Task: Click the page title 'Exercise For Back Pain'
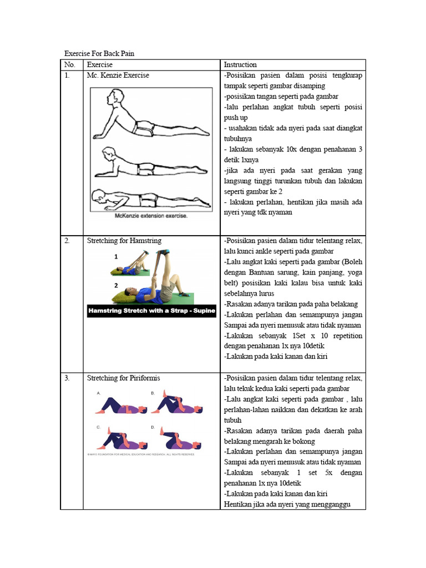coord(99,54)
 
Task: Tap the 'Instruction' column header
coord(240,65)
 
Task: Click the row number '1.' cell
coord(67,75)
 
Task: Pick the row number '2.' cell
coord(67,241)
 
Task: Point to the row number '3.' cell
coord(67,378)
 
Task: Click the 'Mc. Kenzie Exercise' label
coord(118,75)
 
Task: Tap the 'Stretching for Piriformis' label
coord(124,378)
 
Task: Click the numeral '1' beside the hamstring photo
coord(116,257)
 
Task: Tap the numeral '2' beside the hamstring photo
coord(116,286)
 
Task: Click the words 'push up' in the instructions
coord(236,118)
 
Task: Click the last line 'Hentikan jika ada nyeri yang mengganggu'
coord(287,504)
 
